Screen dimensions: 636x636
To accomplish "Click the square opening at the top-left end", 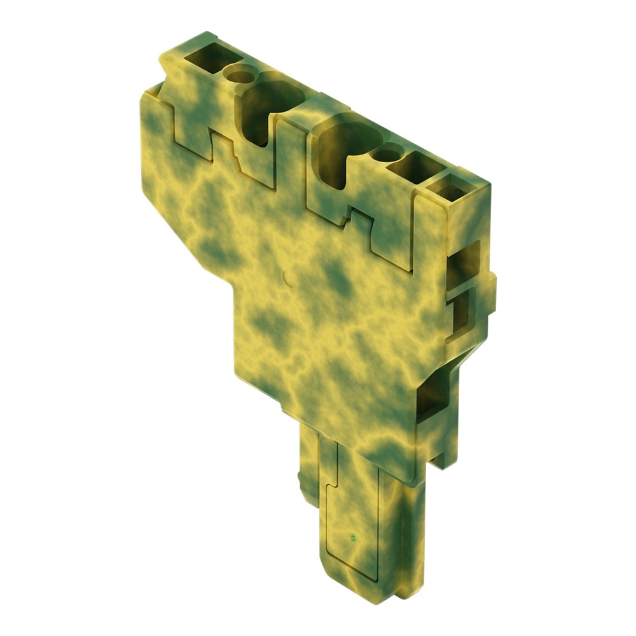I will [x=205, y=62].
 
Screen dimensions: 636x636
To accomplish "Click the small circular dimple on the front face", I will [x=285, y=277].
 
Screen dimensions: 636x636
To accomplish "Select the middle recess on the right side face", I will [x=459, y=318].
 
